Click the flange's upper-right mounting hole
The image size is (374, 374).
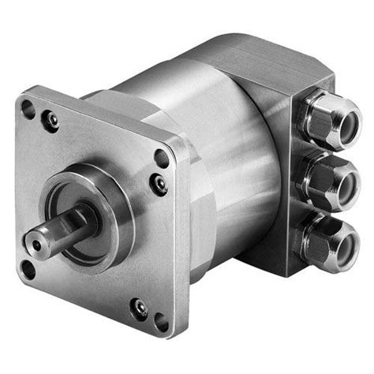coord(162,157)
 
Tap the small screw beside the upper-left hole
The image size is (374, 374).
coord(52,120)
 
